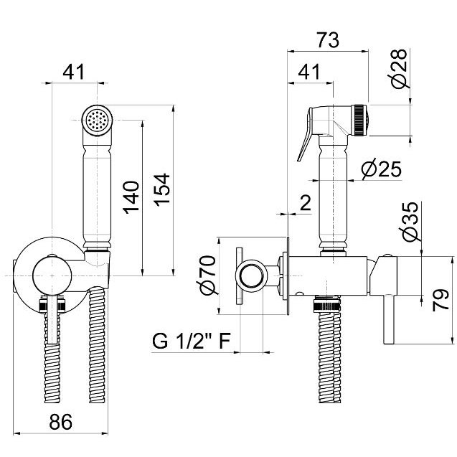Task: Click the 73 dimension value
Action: [x=328, y=40]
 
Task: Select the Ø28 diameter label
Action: [x=398, y=68]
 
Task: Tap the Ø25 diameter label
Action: [x=381, y=169]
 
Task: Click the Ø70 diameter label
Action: [x=208, y=275]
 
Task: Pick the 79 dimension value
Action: [x=440, y=300]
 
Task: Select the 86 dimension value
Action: [x=60, y=422]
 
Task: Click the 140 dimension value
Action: [x=131, y=197]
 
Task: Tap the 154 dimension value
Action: [x=161, y=190]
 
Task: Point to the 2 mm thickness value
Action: [x=306, y=202]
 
